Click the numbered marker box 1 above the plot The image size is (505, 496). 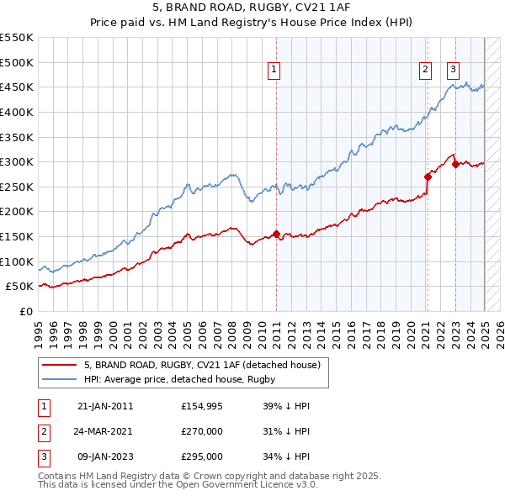point(274,71)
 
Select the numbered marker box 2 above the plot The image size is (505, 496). point(426,71)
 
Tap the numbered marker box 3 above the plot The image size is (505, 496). point(453,71)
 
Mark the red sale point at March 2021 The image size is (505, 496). point(428,177)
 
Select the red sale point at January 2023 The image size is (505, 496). point(455,164)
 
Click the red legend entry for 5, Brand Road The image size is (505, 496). point(202,366)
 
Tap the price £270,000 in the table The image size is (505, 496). point(202,431)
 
